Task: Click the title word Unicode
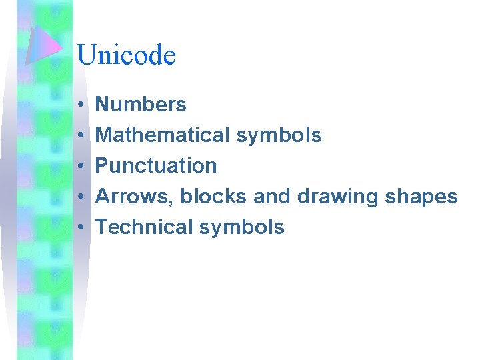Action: click(126, 55)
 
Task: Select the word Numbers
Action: click(141, 105)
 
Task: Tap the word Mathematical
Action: click(163, 135)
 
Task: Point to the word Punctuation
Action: click(156, 166)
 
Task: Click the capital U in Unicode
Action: click(86, 55)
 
